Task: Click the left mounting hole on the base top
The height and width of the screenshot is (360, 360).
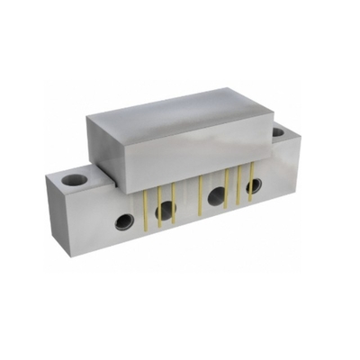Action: [75, 180]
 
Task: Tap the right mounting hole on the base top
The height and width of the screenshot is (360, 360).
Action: [277, 131]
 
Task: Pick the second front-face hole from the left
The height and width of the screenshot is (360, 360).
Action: [166, 211]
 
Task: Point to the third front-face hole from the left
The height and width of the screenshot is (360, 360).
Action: [217, 196]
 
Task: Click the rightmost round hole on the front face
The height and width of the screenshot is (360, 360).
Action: [255, 185]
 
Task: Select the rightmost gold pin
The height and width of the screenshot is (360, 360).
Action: [247, 184]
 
